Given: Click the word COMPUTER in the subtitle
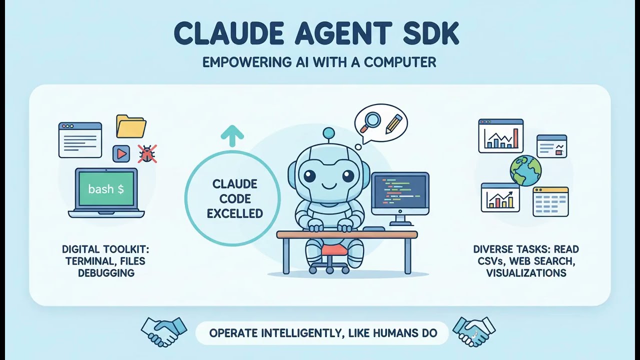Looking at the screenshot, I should tap(400, 62).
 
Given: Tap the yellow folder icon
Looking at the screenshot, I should tap(131, 126).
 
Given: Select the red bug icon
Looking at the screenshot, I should tap(147, 153).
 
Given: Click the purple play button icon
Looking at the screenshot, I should tap(121, 153).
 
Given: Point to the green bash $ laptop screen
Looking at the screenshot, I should tap(106, 189).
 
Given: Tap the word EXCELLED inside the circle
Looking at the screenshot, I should tap(235, 213).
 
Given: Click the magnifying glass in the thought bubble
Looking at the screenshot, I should tap(372, 120).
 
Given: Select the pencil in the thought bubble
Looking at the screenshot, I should tap(394, 123).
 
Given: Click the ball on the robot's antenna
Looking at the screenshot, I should tap(328, 133).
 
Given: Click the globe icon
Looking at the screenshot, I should tap(525, 170).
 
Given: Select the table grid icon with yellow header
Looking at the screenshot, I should tap(550, 201).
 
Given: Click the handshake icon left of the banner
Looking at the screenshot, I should tap(163, 330).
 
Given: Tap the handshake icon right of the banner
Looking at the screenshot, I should tap(473, 330).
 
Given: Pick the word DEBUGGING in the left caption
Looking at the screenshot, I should tap(106, 273).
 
